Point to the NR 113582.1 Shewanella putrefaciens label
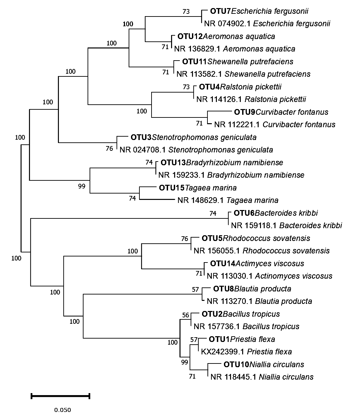pos(243,74)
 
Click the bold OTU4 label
pos(209,87)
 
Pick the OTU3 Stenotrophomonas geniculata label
pos(193,137)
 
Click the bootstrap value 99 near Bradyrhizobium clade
pos(82,186)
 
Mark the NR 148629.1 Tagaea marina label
pos(228,201)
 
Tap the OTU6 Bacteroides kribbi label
pos(276,213)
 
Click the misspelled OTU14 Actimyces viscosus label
pos(257,264)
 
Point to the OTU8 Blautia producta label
pos(252,289)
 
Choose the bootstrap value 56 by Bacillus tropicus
pos(186,315)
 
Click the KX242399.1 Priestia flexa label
pos(247,352)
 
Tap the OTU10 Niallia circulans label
pos(264,364)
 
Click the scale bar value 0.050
pos(63,410)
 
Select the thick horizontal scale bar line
pos(60,396)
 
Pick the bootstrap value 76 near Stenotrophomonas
pos(109,148)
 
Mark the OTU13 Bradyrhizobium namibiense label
pos(222,163)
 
